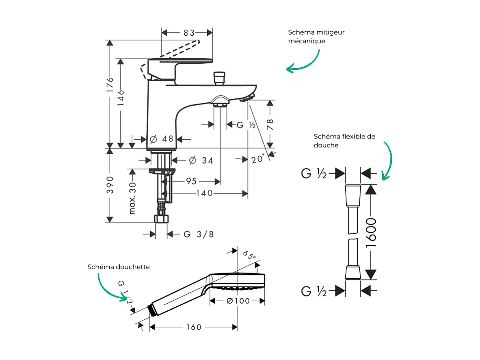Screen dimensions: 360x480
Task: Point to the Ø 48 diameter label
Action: [x=161, y=139]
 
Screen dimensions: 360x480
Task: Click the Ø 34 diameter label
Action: [x=201, y=160]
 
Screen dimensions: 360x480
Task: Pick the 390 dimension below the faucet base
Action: [x=110, y=185]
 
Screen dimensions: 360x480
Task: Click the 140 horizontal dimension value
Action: [x=204, y=193]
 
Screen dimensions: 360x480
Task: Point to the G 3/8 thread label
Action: [x=199, y=234]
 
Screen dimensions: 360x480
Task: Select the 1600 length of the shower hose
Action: [x=370, y=233]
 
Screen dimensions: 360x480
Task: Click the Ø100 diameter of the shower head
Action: [x=238, y=301]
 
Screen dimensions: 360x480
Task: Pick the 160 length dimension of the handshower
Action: [x=194, y=327]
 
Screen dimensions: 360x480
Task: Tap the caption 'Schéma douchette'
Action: [x=119, y=267]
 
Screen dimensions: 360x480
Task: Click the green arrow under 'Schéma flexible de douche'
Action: [x=388, y=160]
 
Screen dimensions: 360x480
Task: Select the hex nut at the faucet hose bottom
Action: [x=162, y=219]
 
